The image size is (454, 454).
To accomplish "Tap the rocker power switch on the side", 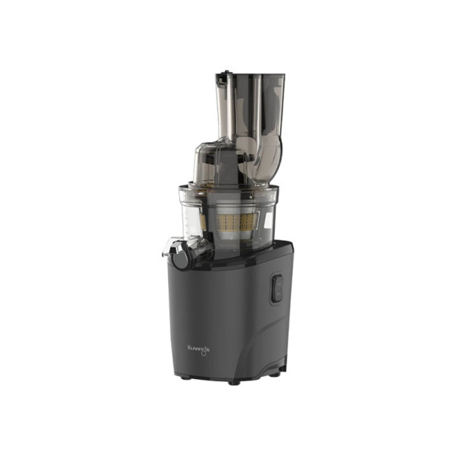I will [277, 289].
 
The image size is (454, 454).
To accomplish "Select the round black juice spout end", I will [182, 258].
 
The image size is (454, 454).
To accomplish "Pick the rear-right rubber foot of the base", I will [277, 373].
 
